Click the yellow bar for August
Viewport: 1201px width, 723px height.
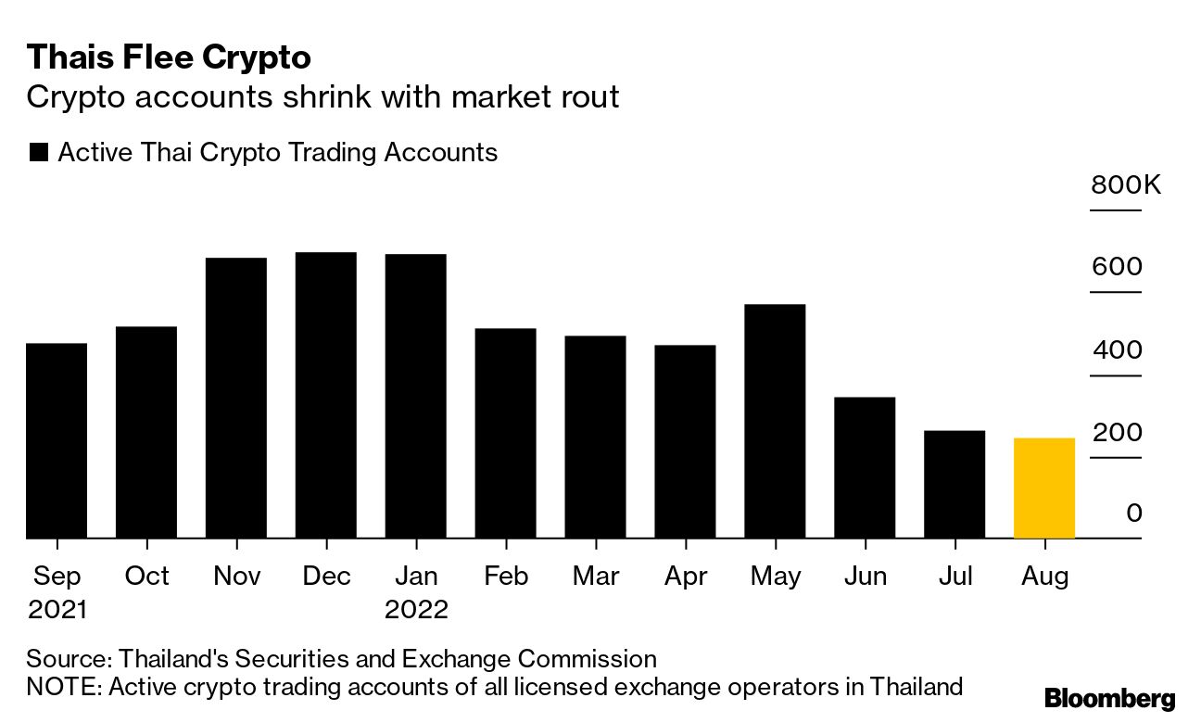[x=1044, y=488]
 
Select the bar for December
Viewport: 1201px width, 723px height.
[x=325, y=395]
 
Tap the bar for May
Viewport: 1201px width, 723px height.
[x=775, y=421]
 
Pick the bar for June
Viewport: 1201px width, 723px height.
[x=865, y=467]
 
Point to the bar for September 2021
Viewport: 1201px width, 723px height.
[x=57, y=440]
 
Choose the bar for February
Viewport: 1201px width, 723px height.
[x=505, y=433]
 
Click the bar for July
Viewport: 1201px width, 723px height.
[x=954, y=484]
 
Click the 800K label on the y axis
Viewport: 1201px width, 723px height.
[x=1125, y=185]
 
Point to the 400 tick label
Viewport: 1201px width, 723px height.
[x=1117, y=351]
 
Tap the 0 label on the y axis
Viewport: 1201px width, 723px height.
[x=1134, y=514]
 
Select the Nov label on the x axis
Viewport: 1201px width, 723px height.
[x=236, y=577]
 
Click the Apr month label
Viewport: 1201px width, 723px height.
[x=685, y=577]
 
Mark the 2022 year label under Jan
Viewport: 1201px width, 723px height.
[x=416, y=610]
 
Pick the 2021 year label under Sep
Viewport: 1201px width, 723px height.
[x=57, y=610]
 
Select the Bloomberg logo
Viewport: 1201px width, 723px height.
[x=1109, y=699]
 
